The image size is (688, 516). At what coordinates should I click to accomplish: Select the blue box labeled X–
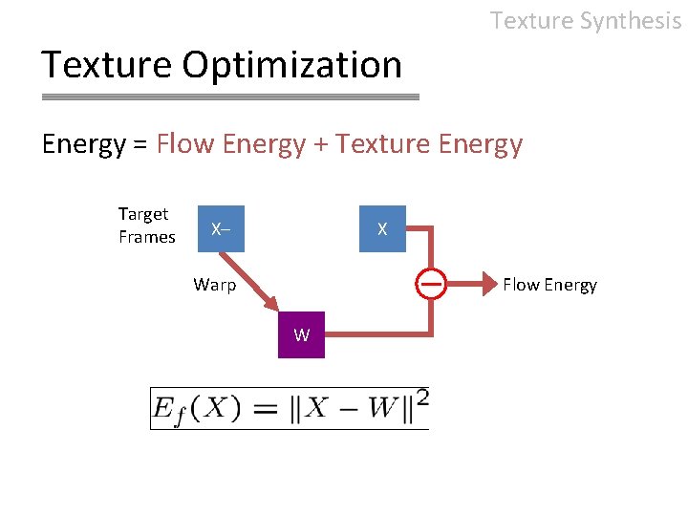pos(221,229)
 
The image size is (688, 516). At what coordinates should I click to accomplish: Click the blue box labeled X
pos(382,229)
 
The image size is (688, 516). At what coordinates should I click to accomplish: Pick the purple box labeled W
pos(301,334)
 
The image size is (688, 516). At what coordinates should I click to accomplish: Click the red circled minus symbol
pos(432,284)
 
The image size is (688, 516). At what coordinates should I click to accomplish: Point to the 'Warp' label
pos(214,284)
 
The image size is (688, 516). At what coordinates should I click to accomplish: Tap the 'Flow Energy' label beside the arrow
pos(549,284)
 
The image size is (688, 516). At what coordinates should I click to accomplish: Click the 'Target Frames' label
pos(145,226)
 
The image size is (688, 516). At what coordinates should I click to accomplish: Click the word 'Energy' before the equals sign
pos(83,144)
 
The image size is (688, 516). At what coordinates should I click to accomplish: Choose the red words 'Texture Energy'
pos(429,144)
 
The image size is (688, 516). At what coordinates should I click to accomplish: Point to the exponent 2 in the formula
pos(421,397)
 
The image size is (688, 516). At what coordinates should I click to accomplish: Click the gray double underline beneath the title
pos(230,97)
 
